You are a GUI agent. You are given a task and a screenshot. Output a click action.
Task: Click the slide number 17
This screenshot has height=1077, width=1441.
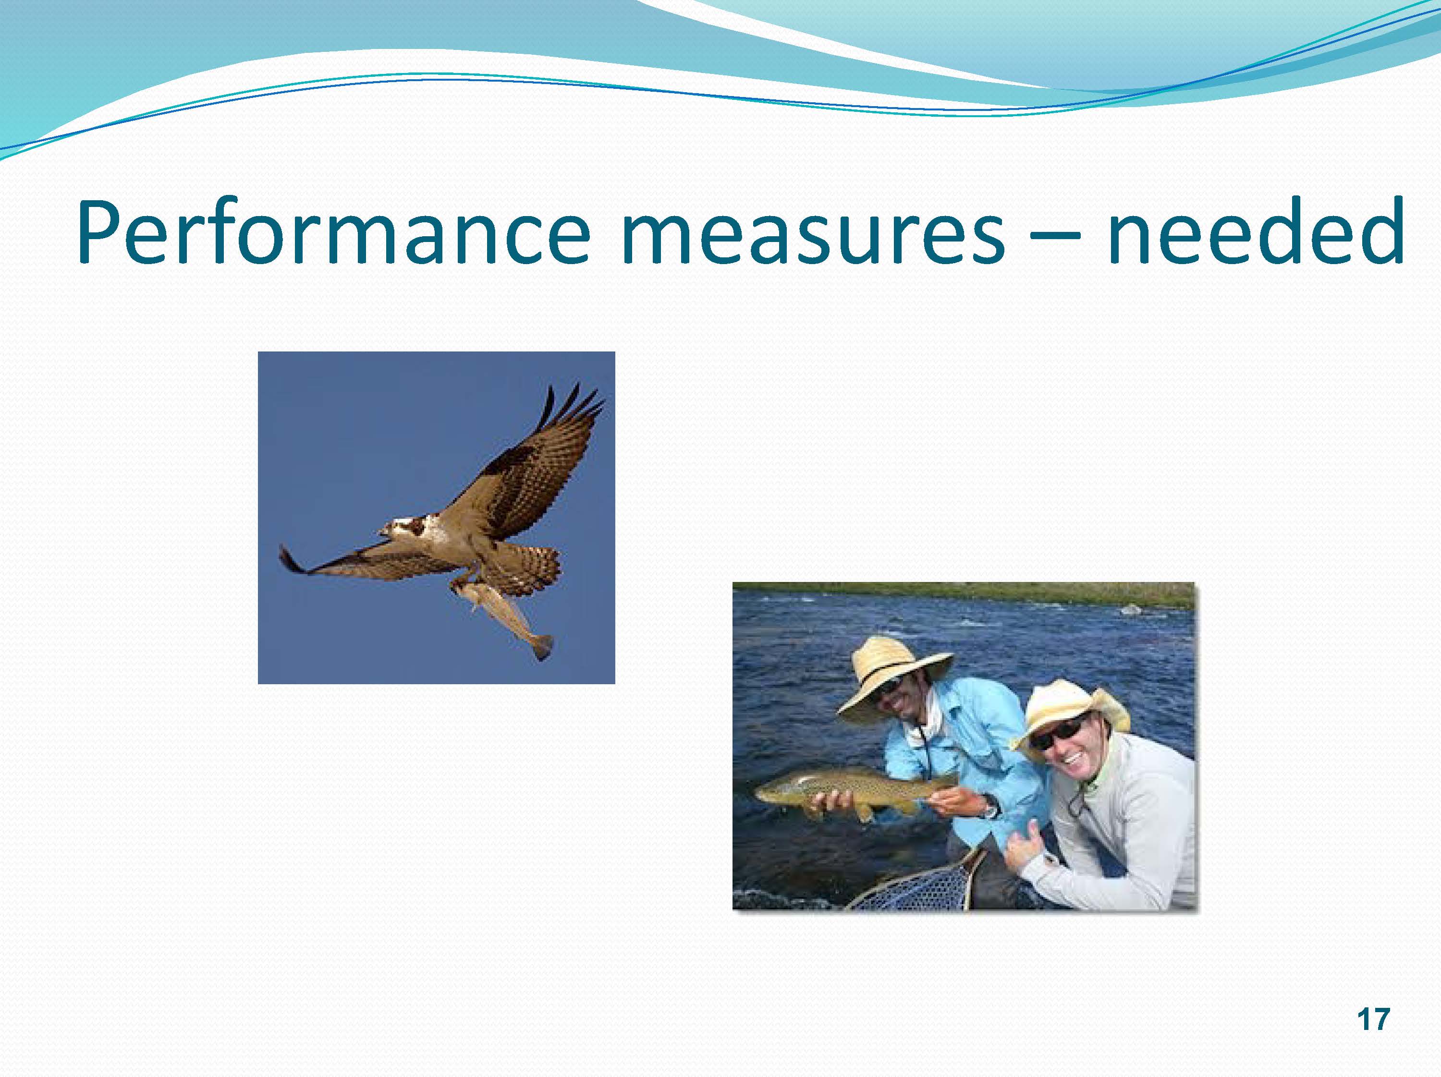tap(1373, 1019)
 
